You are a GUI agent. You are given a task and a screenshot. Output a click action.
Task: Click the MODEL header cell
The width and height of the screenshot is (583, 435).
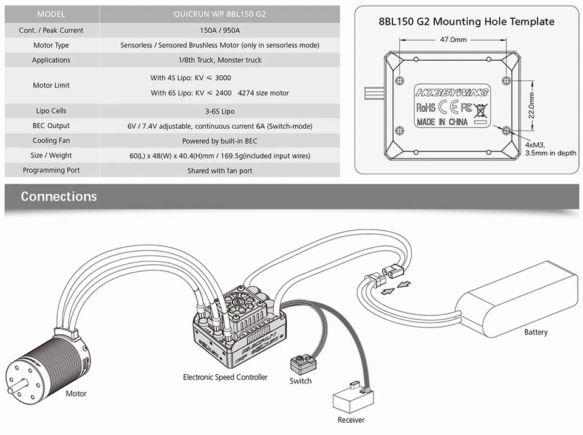pos(51,14)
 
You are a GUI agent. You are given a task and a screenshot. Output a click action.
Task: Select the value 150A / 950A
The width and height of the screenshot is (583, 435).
pos(219,30)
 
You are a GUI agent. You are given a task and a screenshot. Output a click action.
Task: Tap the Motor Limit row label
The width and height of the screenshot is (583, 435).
pos(51,85)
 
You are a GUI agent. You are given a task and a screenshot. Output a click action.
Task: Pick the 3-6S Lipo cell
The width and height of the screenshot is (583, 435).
pos(219,111)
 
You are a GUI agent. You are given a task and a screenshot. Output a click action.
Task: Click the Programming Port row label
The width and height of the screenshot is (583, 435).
pos(51,171)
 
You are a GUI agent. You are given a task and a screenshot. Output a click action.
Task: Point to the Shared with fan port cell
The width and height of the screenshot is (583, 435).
pos(219,171)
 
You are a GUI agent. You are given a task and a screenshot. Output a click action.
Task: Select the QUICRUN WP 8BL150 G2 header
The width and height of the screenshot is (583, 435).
pos(219,14)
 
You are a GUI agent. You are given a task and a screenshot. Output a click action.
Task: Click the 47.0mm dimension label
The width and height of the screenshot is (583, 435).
pos(452,39)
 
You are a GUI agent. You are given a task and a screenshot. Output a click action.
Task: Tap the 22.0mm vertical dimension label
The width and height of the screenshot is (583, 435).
pos(532,104)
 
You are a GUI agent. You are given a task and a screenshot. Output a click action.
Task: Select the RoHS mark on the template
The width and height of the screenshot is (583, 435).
pos(426,108)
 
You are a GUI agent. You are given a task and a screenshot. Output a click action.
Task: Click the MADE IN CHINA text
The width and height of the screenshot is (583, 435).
pos(442,122)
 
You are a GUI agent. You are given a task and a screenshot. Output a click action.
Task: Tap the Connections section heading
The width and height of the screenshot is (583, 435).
pos(58,196)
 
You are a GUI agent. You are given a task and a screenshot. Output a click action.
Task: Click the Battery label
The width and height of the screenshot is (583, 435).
pos(536,332)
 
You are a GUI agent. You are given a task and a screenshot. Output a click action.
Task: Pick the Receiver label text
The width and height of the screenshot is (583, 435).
pos(351,420)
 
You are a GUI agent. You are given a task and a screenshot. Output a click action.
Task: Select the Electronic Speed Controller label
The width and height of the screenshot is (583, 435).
pos(225,377)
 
